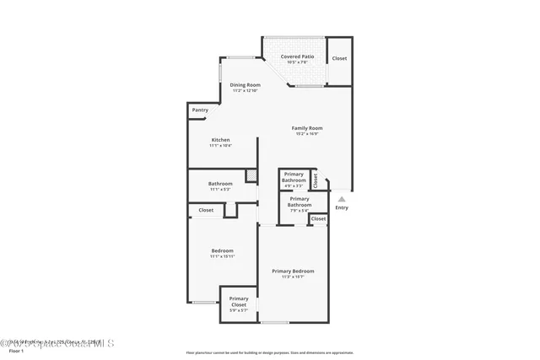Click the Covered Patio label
(297, 56)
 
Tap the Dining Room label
(246, 84)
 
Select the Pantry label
(200, 110)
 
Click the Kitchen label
(220, 140)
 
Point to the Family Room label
(307, 128)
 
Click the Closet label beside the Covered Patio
(339, 58)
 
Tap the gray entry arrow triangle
(341, 199)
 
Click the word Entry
(341, 207)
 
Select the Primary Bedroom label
(293, 271)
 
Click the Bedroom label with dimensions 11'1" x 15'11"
(222, 250)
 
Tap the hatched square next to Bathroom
(251, 175)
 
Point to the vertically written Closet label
(316, 180)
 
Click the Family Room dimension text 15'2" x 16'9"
(307, 133)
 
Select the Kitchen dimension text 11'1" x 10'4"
(220, 146)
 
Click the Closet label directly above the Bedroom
(206, 210)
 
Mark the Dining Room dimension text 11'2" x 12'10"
(246, 90)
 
